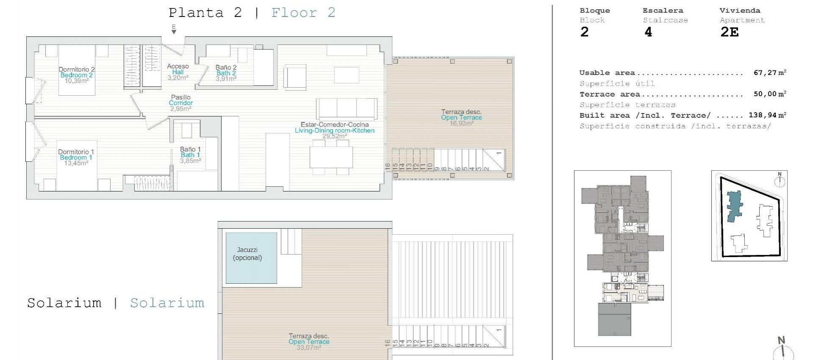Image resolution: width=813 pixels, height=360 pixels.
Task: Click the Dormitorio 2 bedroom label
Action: click(x=76, y=69)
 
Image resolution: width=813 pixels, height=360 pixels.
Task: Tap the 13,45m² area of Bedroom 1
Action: click(x=76, y=163)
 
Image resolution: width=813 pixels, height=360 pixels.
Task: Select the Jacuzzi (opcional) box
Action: click(x=251, y=258)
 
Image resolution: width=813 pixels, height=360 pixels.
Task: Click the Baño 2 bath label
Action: click(x=226, y=67)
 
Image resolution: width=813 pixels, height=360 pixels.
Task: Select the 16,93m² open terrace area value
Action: click(x=461, y=123)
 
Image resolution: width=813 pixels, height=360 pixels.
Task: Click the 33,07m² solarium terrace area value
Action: click(x=309, y=348)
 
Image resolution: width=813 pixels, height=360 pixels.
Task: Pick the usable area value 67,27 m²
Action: click(x=769, y=73)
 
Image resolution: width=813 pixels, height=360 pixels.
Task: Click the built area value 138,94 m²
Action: click(x=767, y=115)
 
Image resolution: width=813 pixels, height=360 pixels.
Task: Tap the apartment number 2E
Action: click(x=729, y=32)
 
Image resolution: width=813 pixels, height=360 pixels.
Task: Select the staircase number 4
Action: click(x=648, y=32)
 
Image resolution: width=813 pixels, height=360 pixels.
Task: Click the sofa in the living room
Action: click(x=346, y=109)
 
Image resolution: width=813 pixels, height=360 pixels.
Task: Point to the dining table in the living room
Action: click(x=331, y=157)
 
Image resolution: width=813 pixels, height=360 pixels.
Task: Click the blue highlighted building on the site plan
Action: click(x=734, y=206)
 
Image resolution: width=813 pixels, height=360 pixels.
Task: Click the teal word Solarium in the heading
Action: click(x=167, y=303)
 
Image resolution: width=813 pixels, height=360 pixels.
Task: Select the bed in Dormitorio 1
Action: click(x=77, y=165)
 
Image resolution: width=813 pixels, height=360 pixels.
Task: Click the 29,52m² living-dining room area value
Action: click(x=334, y=136)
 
